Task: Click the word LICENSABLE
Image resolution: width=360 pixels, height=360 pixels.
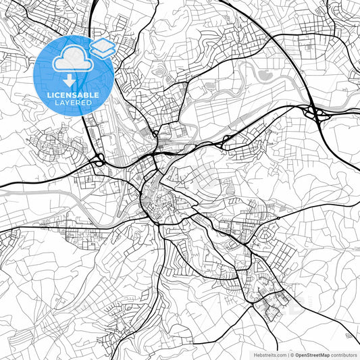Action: click(72, 95)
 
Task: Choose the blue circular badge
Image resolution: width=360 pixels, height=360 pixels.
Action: click(74, 76)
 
